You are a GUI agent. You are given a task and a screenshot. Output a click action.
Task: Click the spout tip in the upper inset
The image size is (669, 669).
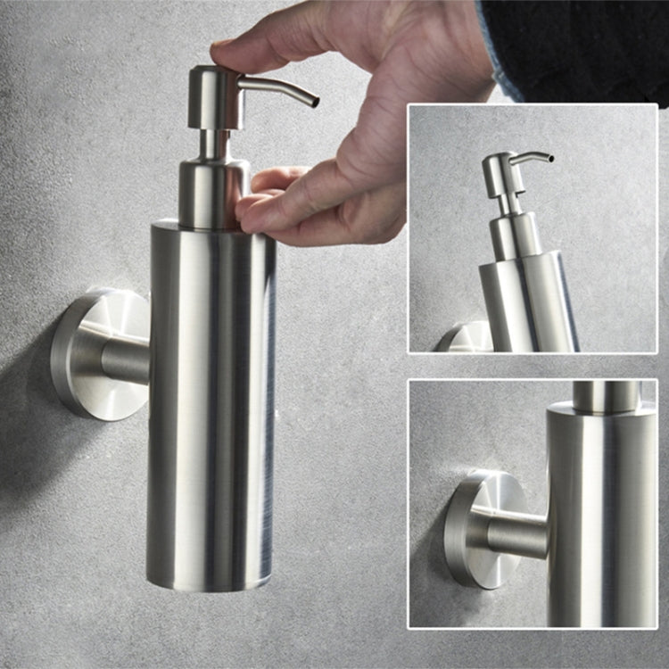point(549,159)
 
